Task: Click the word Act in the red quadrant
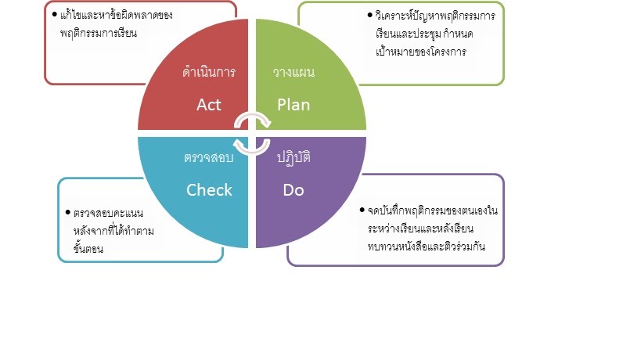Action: coord(209,105)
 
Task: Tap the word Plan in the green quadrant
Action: coord(293,105)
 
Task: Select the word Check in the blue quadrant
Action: coord(209,189)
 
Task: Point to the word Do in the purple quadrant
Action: coord(293,189)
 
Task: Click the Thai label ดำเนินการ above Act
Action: coord(209,73)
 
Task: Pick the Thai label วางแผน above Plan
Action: coord(293,73)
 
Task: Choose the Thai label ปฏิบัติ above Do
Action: coord(293,157)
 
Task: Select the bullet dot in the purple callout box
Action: coord(359,211)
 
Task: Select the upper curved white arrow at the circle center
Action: coord(254,119)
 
